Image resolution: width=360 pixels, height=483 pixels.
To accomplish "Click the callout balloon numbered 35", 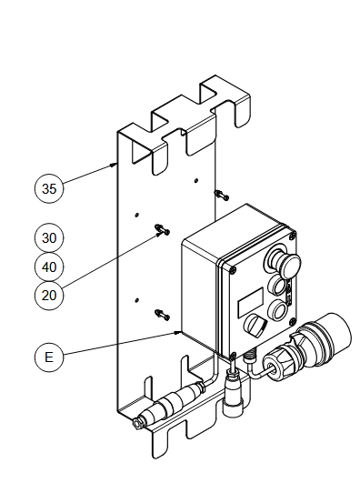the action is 49,188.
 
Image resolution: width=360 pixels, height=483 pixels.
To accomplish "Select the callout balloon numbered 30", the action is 49,237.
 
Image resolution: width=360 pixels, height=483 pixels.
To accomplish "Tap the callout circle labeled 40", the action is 49,267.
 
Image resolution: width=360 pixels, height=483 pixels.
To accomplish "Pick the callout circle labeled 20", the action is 49,296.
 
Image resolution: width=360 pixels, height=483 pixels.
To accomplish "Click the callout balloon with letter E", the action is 49,357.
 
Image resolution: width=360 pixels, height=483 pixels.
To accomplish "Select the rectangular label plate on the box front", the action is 251,303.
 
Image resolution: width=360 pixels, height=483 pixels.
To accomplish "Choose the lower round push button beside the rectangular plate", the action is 278,309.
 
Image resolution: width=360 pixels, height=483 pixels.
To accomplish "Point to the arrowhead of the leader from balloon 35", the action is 115,164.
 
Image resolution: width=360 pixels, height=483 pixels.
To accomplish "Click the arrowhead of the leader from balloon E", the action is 178,332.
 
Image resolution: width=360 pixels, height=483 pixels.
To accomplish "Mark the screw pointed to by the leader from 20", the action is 163,229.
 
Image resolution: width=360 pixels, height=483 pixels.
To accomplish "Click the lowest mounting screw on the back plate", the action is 163,315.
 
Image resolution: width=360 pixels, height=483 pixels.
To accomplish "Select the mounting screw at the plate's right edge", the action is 222,195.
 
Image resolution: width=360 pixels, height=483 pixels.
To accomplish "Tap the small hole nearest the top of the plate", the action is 195,180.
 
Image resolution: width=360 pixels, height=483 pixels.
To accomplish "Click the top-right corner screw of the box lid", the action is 293,236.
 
